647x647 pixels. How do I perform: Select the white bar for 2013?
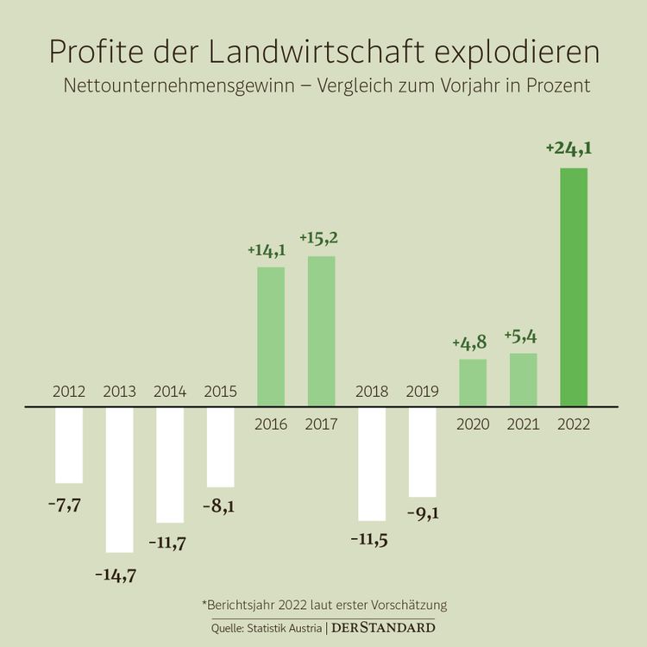click(x=119, y=479)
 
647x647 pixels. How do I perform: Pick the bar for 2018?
click(x=372, y=463)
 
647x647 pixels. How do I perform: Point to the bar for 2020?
click(x=473, y=382)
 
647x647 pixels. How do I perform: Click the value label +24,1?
click(x=569, y=148)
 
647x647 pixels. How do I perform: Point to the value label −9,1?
click(x=422, y=514)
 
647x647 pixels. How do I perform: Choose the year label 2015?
click(x=220, y=392)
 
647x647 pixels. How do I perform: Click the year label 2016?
click(x=271, y=424)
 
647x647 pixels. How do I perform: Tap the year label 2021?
click(x=523, y=424)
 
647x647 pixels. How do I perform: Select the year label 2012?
click(x=69, y=392)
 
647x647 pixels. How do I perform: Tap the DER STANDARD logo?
click(x=383, y=627)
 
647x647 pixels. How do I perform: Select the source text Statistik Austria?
click(x=288, y=628)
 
